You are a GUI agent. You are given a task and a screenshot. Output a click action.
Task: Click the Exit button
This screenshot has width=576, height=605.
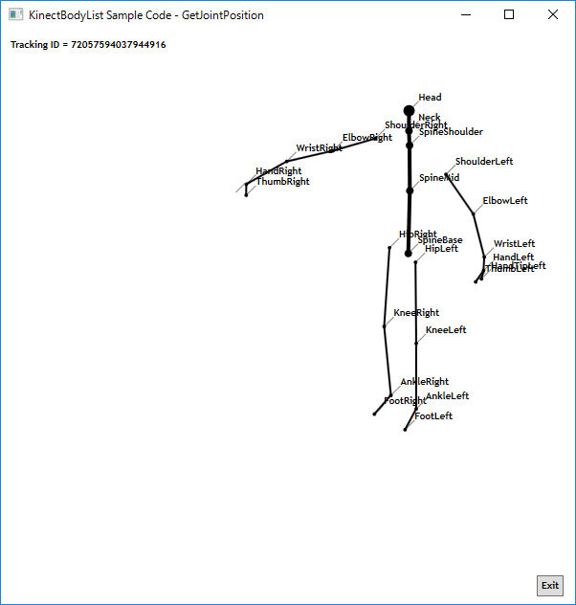[x=550, y=586]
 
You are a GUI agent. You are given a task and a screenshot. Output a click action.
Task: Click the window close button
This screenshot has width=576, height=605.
[x=553, y=14]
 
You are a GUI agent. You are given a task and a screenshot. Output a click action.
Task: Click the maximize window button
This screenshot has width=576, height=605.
[x=509, y=14]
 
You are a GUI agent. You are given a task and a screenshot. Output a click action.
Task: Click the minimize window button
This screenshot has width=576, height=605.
[x=465, y=14]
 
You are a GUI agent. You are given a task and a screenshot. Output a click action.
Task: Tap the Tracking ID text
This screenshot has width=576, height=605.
[x=88, y=45]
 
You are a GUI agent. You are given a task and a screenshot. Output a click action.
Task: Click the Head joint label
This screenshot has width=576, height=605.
[x=430, y=98]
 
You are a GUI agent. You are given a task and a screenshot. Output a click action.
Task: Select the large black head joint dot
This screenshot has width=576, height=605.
[x=410, y=110]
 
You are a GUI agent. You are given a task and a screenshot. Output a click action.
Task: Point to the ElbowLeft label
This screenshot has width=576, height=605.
[x=504, y=201]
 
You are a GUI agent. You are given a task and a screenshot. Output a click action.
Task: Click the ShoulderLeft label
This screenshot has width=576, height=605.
[x=483, y=162]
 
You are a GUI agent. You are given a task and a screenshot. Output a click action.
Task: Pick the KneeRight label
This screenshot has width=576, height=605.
[x=416, y=313]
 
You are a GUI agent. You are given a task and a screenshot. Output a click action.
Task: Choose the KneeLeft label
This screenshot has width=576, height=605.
[x=446, y=330]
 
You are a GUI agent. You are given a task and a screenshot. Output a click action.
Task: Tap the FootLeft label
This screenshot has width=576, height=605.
[x=433, y=416]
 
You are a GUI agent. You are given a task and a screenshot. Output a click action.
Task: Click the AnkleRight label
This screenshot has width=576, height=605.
[x=424, y=382]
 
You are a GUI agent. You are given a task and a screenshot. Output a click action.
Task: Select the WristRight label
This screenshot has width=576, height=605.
[x=319, y=148]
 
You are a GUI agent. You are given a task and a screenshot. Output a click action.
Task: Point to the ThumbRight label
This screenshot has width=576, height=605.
[x=282, y=182]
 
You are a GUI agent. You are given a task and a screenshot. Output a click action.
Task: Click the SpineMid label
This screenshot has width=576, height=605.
[x=439, y=178]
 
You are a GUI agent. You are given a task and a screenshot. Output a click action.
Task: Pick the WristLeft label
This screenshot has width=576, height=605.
[x=514, y=244]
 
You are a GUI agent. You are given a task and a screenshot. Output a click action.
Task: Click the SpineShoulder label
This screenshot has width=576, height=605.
[x=451, y=132]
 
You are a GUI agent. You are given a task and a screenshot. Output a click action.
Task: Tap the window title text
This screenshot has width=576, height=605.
[x=146, y=15]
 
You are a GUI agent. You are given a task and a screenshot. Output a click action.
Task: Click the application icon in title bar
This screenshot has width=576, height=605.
[x=15, y=15]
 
